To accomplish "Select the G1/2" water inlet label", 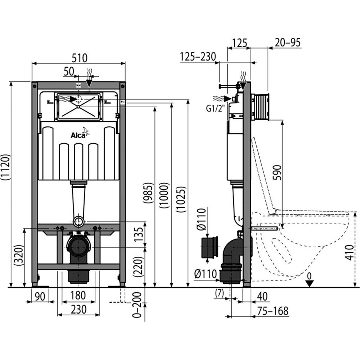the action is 215,108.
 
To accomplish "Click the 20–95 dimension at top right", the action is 287,42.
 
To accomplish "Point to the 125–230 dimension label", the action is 198,57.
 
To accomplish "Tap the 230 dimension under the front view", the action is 78,309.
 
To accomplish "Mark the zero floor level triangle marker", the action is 309,283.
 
